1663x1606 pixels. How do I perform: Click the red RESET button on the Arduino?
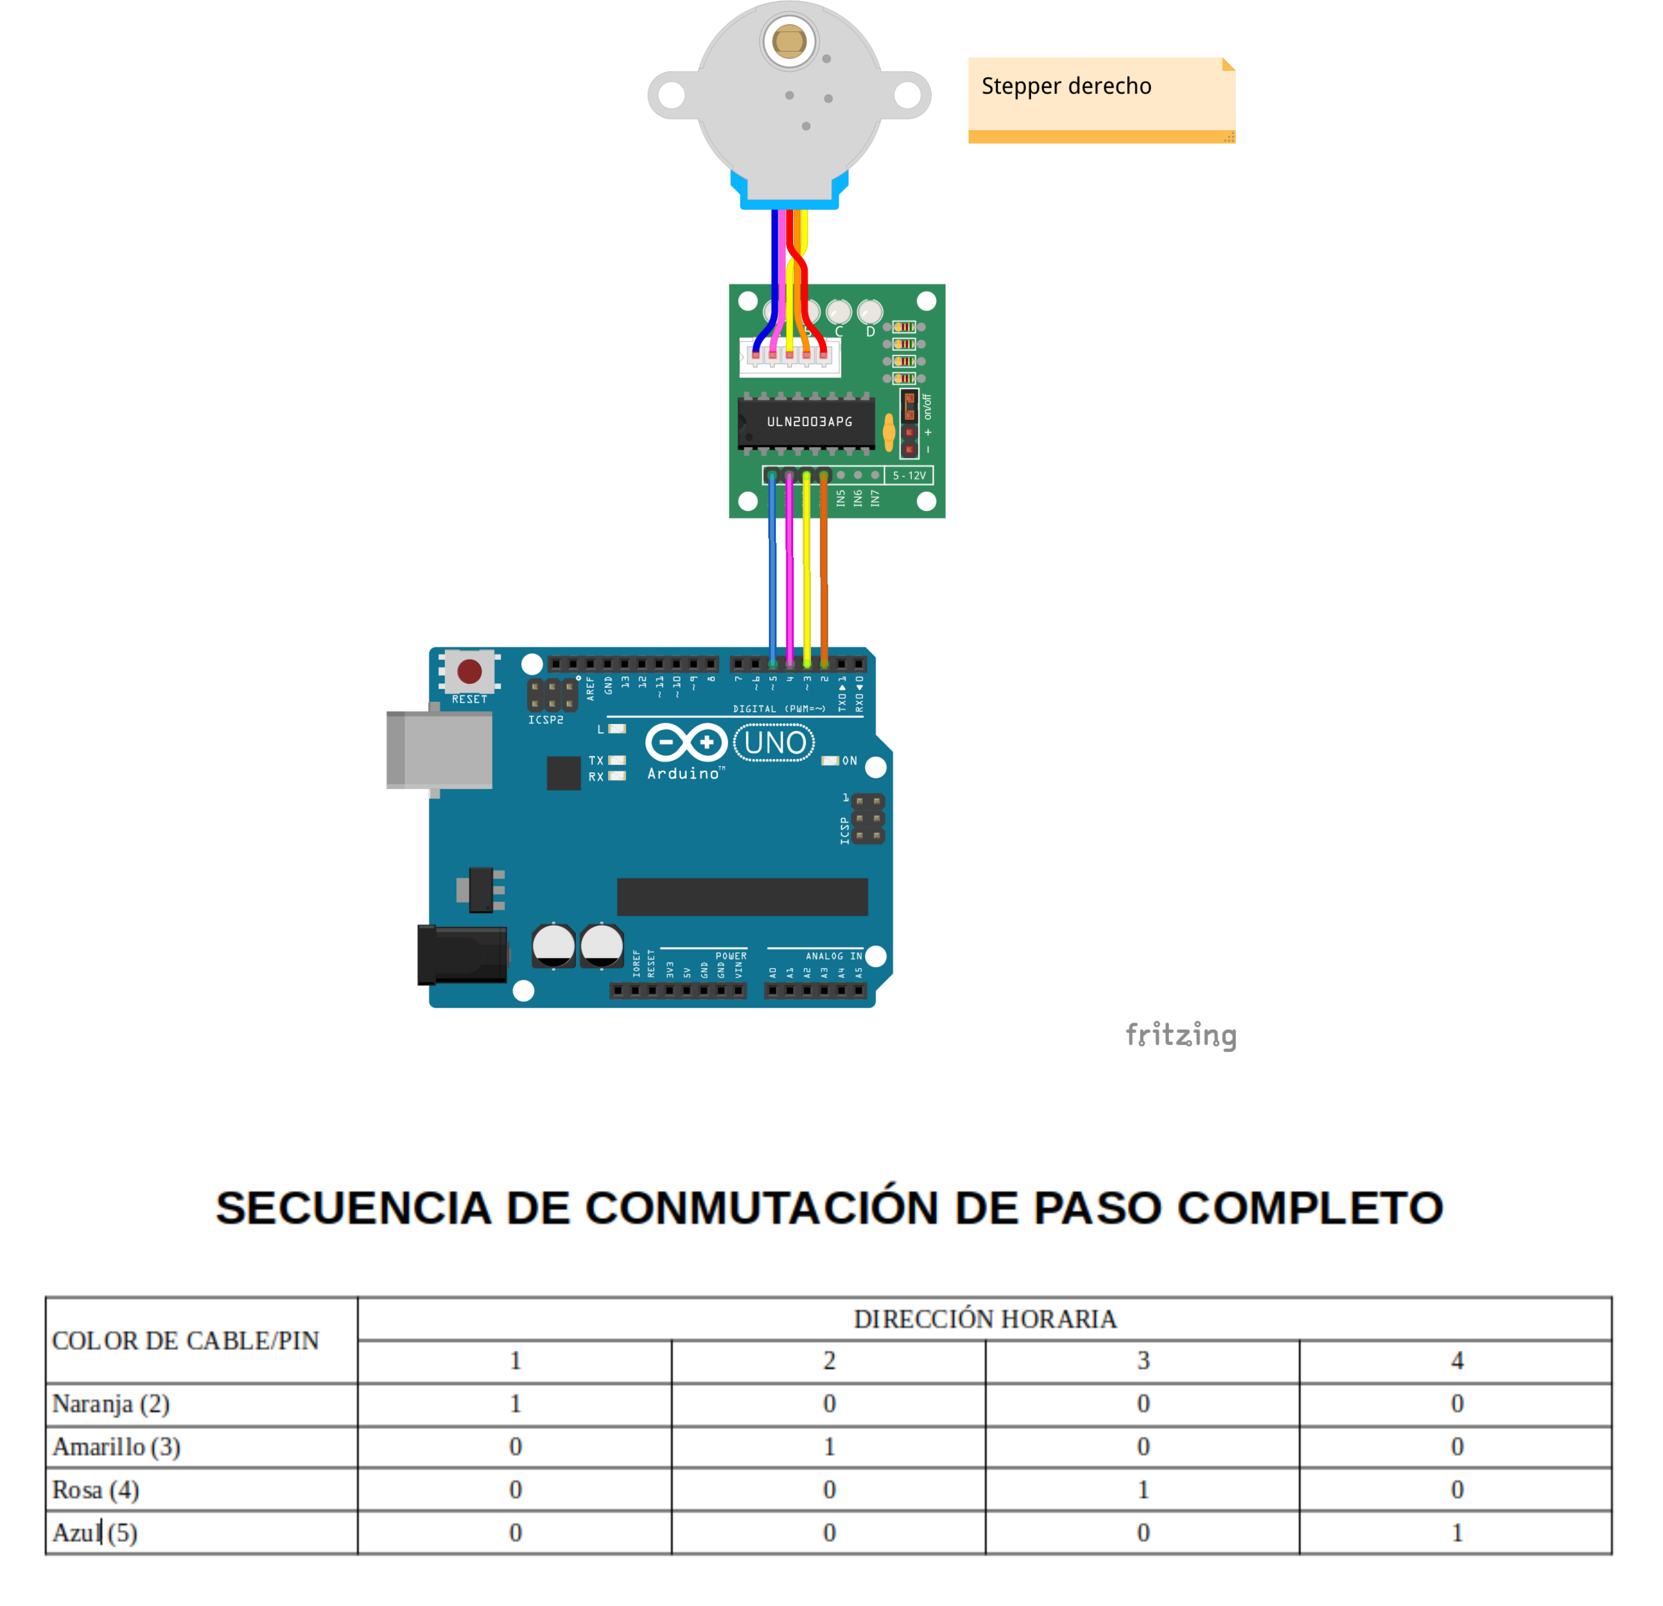coord(469,671)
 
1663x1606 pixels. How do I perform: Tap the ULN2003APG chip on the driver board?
coord(808,422)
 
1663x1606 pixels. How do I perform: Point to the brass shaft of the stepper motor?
coord(789,41)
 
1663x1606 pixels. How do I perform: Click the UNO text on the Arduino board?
coord(775,743)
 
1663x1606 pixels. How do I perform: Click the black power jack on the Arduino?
coord(463,954)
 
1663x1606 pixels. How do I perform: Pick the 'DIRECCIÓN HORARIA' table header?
coord(984,1319)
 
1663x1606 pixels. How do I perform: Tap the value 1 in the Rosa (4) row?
coord(1143,1490)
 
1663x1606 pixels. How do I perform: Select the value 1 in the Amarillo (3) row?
coord(829,1446)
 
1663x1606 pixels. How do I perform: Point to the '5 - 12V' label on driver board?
coord(909,476)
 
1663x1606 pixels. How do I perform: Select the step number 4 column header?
coord(1457,1361)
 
